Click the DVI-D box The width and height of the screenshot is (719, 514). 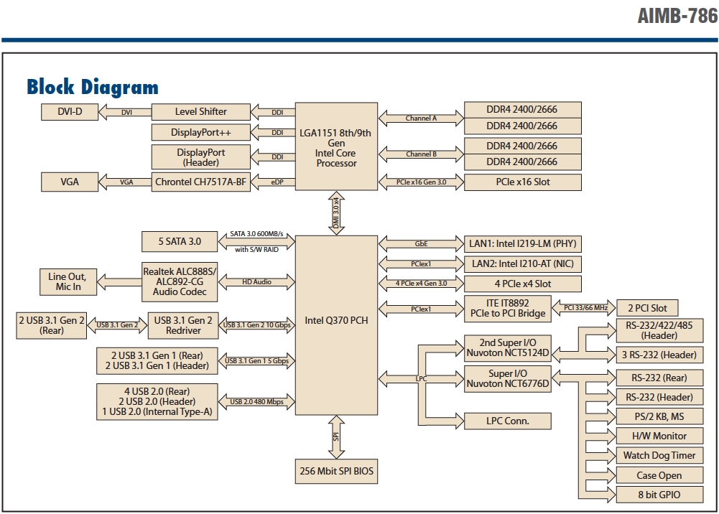(70, 112)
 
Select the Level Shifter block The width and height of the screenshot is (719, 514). (201, 112)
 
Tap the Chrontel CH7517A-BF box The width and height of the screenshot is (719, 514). (201, 182)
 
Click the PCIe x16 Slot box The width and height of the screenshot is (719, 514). (523, 182)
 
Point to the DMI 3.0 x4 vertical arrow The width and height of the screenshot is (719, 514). (336, 213)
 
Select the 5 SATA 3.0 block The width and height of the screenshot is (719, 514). (180, 241)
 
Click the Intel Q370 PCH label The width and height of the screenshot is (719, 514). (337, 321)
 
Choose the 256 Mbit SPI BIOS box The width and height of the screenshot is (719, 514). (337, 472)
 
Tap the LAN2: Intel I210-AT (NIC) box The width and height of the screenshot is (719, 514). (523, 264)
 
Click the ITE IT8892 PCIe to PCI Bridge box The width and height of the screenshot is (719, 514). (508, 308)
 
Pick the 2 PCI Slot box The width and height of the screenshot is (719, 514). (647, 308)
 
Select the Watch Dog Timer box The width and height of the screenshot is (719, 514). (659, 456)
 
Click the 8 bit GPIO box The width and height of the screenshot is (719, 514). (659, 495)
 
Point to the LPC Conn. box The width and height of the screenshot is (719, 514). (508, 421)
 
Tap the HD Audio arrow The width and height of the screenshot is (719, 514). (256, 282)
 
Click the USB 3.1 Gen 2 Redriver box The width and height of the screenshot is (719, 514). (183, 326)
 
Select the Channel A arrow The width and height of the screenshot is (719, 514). (421, 118)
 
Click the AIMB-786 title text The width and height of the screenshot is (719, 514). (678, 16)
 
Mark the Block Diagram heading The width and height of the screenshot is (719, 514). (93, 87)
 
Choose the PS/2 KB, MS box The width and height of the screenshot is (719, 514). (659, 417)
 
